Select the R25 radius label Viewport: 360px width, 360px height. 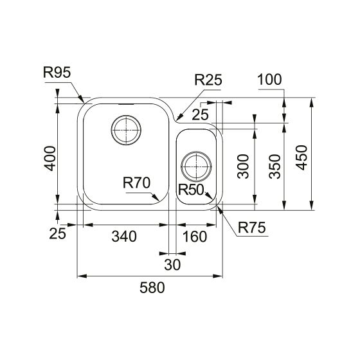(208, 80)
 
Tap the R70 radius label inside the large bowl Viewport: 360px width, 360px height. (137, 183)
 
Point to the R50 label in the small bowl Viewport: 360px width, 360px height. (191, 190)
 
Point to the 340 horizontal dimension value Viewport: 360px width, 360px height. (123, 236)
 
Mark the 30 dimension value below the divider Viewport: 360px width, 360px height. (172, 264)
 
